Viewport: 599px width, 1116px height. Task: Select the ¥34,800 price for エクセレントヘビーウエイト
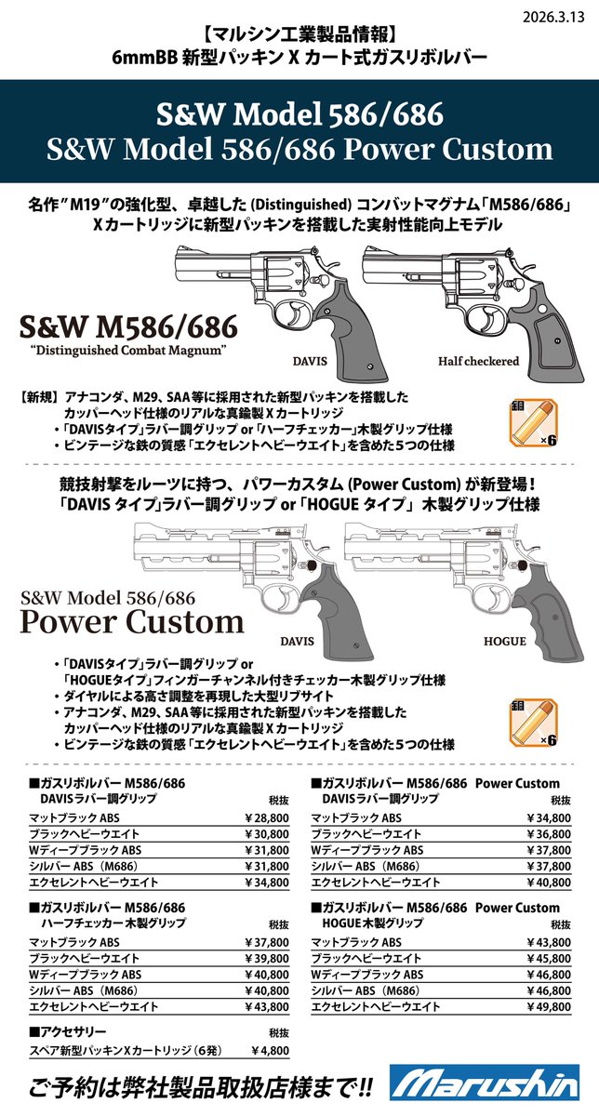point(267,883)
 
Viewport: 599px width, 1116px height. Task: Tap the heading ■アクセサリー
point(68,1031)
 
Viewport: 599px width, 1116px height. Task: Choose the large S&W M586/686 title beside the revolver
point(128,326)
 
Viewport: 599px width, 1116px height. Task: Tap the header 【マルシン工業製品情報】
point(299,35)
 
